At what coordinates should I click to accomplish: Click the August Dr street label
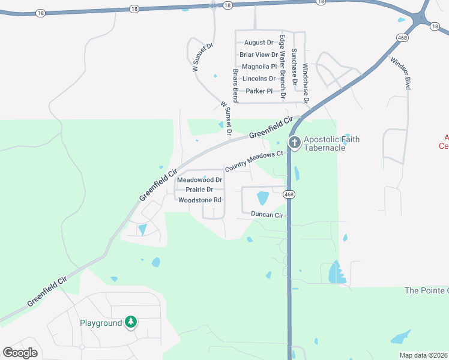259,43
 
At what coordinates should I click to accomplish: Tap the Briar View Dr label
259,55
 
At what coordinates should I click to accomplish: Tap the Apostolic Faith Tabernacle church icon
294,143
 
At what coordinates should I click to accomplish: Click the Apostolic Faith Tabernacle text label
331,143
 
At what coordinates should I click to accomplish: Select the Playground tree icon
131,322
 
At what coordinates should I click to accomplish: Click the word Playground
101,323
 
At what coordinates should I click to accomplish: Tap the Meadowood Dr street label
199,180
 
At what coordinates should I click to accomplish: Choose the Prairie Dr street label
199,190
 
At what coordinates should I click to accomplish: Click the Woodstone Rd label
200,200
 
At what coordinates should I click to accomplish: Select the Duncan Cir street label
267,214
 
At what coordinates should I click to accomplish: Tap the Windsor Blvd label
400,73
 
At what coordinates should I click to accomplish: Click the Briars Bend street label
235,86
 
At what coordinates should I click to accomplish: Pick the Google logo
20,353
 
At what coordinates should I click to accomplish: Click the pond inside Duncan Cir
263,197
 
